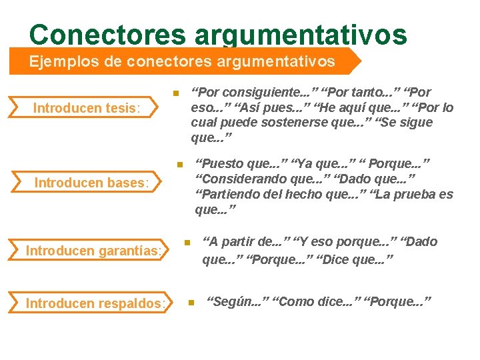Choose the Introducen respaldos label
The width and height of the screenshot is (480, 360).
coord(95,303)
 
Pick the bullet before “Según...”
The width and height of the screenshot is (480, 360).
coord(190,303)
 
